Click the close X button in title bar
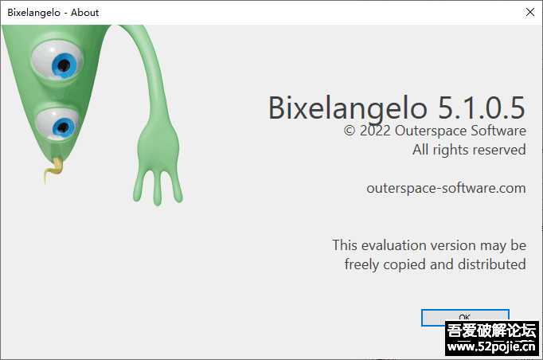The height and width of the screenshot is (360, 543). pyautogui.click(x=529, y=13)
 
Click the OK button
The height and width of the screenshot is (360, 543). pyautogui.click(x=465, y=316)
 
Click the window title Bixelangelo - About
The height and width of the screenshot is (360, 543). pyautogui.click(x=53, y=13)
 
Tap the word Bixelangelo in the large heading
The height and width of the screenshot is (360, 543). pyautogui.click(x=349, y=107)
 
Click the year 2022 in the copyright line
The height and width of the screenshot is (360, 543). pyautogui.click(x=375, y=131)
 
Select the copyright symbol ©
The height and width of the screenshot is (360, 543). pyautogui.click(x=350, y=131)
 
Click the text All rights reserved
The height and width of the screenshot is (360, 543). pyautogui.click(x=469, y=150)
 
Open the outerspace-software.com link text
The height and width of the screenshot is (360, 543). pyautogui.click(x=446, y=188)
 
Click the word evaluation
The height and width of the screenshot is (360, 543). pyautogui.click(x=400, y=245)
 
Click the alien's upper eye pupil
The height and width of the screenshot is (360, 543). pyautogui.click(x=64, y=67)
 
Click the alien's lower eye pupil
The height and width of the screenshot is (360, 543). pyautogui.click(x=62, y=127)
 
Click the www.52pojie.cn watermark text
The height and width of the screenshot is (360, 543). pyautogui.click(x=491, y=346)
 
